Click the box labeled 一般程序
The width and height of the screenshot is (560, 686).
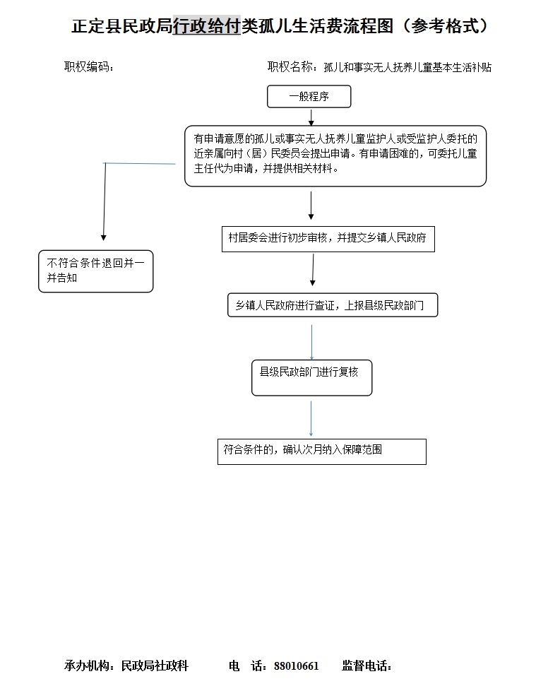click(x=309, y=96)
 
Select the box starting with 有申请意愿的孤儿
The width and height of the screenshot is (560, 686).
click(x=335, y=156)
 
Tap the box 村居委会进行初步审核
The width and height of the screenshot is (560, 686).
click(x=328, y=239)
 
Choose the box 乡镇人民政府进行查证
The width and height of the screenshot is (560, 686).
click(x=333, y=305)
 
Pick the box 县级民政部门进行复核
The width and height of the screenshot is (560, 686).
click(x=311, y=378)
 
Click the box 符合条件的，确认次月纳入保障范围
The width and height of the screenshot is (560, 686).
click(x=322, y=451)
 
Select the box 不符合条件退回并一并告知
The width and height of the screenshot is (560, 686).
click(x=96, y=271)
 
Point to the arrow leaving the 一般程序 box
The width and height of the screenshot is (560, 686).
click(x=311, y=117)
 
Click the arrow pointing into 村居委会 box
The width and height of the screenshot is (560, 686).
click(x=311, y=205)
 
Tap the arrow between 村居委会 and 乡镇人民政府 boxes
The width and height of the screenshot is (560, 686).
click(x=313, y=270)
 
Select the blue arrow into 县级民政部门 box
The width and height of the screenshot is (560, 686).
click(x=311, y=342)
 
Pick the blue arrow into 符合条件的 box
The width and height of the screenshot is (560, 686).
click(x=311, y=419)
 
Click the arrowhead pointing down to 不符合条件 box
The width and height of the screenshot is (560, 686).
click(x=104, y=237)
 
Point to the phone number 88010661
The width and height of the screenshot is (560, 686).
click(x=297, y=666)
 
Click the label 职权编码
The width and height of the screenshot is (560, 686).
click(x=89, y=66)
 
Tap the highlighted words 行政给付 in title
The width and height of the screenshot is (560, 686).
click(x=207, y=26)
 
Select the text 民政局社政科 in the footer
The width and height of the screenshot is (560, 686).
click(x=155, y=666)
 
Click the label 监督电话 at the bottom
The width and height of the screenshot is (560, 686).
click(x=367, y=666)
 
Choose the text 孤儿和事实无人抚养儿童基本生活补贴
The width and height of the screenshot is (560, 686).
click(x=407, y=67)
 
